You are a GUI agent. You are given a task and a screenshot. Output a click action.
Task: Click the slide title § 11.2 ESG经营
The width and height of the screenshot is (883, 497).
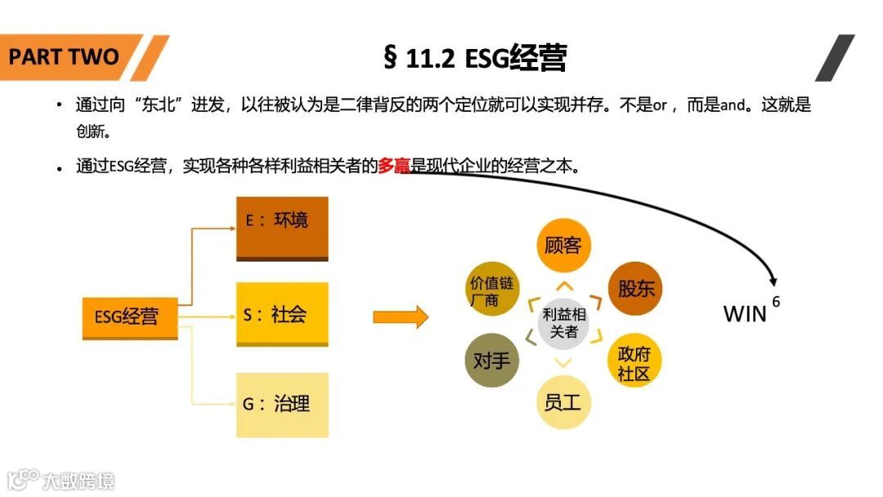(x=474, y=58)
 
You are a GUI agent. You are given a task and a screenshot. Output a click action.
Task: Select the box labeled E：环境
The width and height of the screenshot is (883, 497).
(x=282, y=228)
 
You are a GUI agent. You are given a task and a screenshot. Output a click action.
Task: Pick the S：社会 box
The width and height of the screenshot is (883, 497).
(x=282, y=314)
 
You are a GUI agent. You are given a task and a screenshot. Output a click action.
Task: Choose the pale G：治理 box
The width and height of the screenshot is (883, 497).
(x=282, y=405)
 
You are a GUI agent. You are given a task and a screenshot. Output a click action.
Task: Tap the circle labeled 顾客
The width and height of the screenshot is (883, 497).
(x=563, y=244)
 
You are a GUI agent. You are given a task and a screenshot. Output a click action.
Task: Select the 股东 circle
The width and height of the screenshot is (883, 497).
(x=635, y=289)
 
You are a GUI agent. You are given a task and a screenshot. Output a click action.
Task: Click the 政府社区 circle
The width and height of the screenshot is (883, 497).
(x=634, y=362)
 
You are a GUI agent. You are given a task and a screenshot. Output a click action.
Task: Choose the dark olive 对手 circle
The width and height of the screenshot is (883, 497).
(x=491, y=360)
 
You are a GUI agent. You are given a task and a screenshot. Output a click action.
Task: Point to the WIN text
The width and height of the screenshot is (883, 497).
(x=745, y=314)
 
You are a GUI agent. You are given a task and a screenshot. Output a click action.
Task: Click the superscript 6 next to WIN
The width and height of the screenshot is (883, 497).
(x=775, y=301)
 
